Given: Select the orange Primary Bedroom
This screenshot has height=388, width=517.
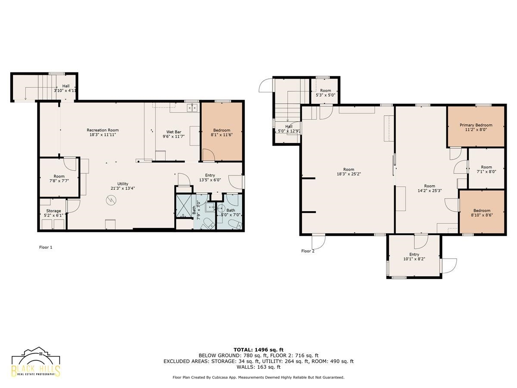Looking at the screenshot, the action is pos(476,127).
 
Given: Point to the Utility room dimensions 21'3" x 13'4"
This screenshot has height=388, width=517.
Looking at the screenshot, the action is pos(123,188).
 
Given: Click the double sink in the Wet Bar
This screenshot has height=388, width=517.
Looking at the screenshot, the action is pos(193,108).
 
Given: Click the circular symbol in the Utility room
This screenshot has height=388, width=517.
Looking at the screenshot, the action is pos(111,200).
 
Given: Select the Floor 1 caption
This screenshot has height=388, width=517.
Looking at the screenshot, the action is pos(46,247).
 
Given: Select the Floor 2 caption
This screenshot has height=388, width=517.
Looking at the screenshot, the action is pos(308,251).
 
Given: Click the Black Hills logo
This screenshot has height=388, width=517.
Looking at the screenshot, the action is pos(36,365).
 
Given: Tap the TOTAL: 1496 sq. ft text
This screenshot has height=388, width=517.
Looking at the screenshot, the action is pos(258,350).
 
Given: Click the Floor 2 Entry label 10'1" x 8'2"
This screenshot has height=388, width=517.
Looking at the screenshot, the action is pos(414,257).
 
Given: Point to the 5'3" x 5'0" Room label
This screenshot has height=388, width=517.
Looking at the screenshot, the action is pos(326,93).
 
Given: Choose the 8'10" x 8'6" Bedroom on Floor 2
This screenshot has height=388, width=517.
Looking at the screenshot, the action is pos(482,212).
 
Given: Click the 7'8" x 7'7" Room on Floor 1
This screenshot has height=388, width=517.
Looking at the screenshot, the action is pos(59,178).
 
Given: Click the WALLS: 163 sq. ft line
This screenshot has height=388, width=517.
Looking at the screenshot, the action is pos(258,367).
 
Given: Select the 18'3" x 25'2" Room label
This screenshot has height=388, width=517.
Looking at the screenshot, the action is pos(349,172).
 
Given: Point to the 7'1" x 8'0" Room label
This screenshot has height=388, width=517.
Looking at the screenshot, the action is pos(486,169).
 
